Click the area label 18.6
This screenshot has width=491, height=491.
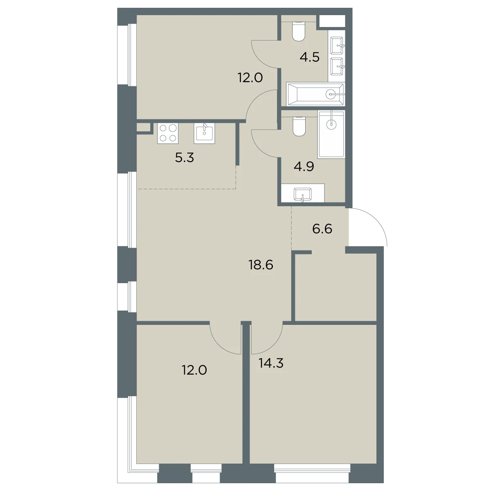pos(261,265)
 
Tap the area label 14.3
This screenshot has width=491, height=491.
pos(271,363)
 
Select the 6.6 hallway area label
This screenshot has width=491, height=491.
pos(322,229)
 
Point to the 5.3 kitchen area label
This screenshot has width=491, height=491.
pos(185,158)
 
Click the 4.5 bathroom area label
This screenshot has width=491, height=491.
pos(310,57)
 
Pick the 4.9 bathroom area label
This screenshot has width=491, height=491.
pos(304,167)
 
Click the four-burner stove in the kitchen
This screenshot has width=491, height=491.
pos(168,133)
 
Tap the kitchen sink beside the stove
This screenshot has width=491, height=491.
pos(204,133)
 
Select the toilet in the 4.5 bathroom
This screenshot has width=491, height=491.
pos(299,31)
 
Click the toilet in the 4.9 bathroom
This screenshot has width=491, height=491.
pos(299,126)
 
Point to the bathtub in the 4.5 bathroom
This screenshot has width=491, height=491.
pos(315,94)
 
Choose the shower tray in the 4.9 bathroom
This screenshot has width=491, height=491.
pos(331,134)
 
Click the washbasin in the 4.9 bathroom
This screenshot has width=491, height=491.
pos(302,195)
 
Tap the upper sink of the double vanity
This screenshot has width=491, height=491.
pos(337,45)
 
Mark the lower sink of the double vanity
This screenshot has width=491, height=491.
pos(337,67)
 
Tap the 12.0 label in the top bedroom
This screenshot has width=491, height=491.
pos(250,78)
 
